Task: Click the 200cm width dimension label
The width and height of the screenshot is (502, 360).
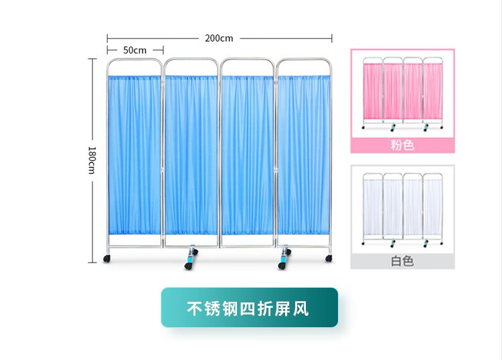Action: pos(219,38)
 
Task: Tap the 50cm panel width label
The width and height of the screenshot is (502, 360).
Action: pos(135,50)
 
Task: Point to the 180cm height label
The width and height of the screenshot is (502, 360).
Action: pos(92,160)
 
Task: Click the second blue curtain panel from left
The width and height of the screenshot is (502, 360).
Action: pos(191,154)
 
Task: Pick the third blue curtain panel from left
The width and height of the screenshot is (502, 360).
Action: pos(247,154)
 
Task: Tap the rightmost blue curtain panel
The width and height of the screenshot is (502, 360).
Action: pos(303,154)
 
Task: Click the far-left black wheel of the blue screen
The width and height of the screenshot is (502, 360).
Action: pos(106,258)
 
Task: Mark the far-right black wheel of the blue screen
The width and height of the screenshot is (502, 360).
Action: pos(328,258)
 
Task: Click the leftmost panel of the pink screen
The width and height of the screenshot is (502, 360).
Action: pos(372,93)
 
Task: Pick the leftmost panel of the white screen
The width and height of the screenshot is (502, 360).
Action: pos(372,207)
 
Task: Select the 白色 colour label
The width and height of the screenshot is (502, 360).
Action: pos(402,260)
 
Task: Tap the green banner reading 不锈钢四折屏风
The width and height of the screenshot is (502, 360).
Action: pos(249,308)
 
